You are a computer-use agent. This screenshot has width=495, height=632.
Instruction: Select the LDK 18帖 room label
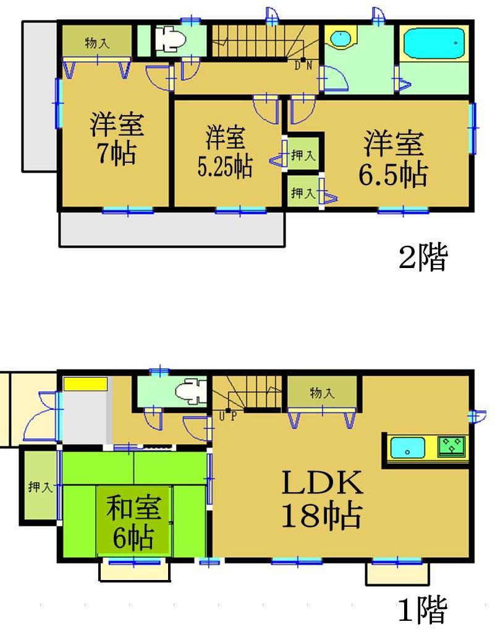click(x=322, y=500)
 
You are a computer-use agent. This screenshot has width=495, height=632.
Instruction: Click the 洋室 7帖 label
click(x=116, y=137)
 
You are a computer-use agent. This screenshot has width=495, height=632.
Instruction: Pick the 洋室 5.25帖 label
click(x=225, y=152)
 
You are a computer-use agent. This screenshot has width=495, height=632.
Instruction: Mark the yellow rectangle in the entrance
click(x=85, y=384)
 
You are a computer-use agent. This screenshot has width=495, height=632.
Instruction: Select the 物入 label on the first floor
click(x=322, y=392)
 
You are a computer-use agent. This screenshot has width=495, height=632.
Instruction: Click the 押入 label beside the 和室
click(x=40, y=487)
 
